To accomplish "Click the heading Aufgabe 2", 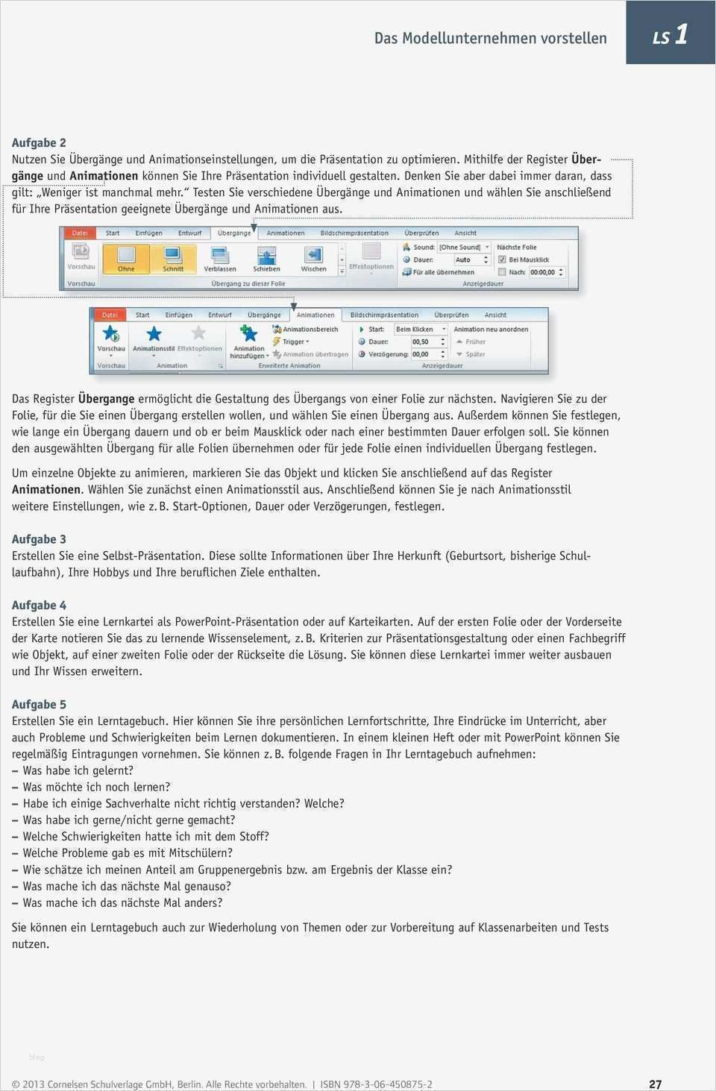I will click(x=39, y=142).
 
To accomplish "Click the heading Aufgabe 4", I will click(x=39, y=605).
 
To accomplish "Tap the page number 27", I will click(x=655, y=1084).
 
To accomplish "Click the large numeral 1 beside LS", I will click(x=680, y=34).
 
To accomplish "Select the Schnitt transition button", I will click(x=173, y=258).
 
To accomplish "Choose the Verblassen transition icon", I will click(x=220, y=258).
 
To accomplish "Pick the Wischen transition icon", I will click(x=313, y=258).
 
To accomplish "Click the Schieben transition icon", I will click(x=266, y=258).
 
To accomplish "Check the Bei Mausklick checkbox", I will click(x=502, y=260).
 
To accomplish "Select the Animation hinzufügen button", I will click(x=249, y=341).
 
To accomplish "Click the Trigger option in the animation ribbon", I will click(x=294, y=342).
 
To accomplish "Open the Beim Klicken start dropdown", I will click(x=420, y=329).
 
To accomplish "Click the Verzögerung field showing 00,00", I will click(x=427, y=354).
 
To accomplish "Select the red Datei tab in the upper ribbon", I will click(x=80, y=233).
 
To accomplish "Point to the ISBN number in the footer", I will click(x=377, y=1084).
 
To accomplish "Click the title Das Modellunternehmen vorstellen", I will click(x=490, y=38).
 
